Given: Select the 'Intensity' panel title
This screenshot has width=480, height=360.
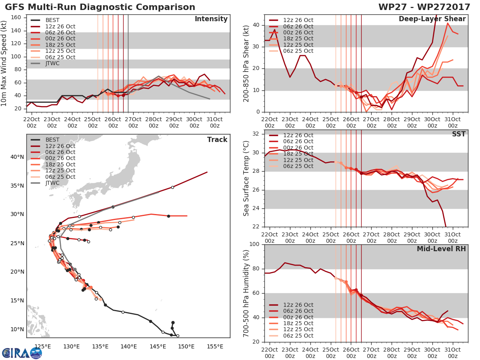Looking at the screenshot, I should [211, 19].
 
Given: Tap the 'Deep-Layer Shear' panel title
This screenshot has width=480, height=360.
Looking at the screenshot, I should [432, 19].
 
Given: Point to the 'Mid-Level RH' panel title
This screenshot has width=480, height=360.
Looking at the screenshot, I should [441, 249].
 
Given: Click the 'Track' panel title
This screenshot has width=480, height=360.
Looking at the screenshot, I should [217, 140].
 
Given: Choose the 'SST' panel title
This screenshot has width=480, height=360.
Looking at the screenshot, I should [459, 134].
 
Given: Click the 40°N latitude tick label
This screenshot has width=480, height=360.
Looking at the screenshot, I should [17, 157].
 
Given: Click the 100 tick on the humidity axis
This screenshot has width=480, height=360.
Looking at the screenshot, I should [254, 244].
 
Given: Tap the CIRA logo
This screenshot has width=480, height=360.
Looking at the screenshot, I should [22, 353].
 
